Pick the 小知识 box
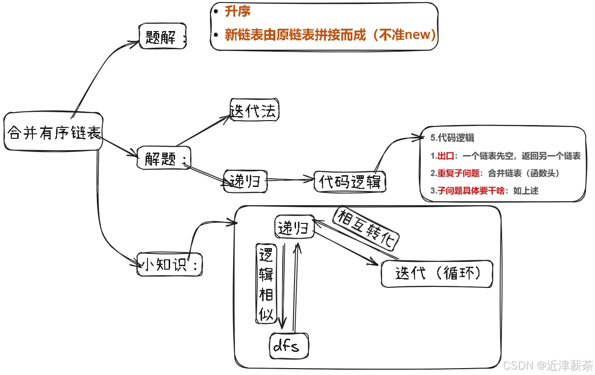coord(170,265)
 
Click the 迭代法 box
coord(254,110)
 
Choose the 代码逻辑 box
coord(350,182)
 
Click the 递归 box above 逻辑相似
coord(293,227)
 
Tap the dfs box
coord(289,346)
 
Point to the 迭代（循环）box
coord(437,273)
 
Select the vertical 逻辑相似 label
coord(266,283)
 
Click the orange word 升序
coord(238,12)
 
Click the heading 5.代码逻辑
coord(452,138)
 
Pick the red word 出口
coord(446,156)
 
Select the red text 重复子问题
coord(458,173)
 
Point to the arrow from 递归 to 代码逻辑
coord(290,180)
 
